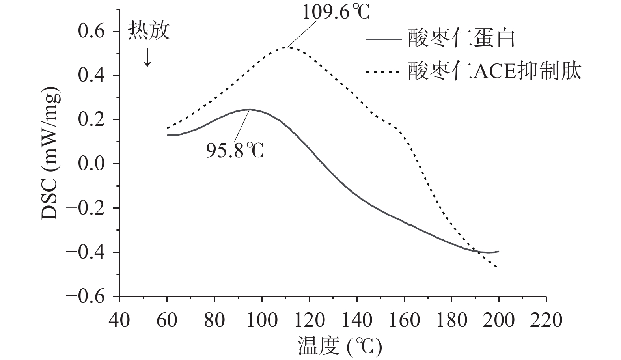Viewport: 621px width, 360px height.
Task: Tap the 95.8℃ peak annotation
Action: point(235,150)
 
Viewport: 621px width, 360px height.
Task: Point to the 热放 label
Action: point(149,31)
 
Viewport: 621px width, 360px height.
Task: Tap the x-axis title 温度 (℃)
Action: point(339,347)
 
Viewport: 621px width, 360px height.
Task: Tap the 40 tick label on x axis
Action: point(119,320)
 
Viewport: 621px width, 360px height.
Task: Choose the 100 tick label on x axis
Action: point(261,320)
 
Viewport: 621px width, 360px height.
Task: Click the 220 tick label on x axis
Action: point(546,320)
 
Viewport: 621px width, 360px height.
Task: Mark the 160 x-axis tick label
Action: point(404,320)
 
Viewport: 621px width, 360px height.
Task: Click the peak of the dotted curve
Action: point(286,47)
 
